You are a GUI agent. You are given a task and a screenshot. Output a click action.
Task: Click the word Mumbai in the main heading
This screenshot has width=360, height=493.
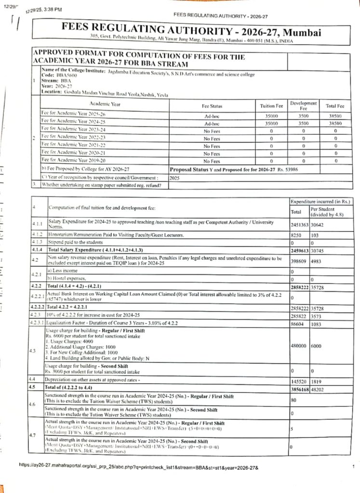(x=301, y=33)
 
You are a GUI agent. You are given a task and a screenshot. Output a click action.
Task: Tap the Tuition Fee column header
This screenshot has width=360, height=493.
(x=272, y=106)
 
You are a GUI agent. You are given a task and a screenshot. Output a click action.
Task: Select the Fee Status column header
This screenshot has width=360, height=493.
(x=212, y=106)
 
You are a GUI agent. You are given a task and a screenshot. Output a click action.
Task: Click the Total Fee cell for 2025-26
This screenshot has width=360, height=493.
(x=334, y=116)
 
